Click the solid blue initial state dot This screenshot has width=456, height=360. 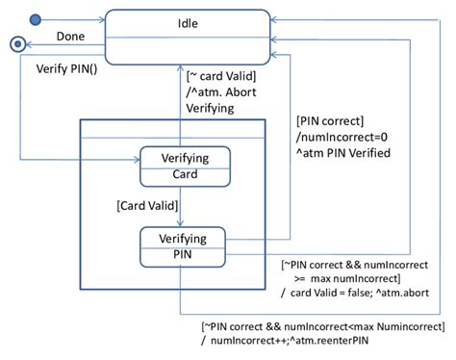36,19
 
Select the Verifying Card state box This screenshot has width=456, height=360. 186,166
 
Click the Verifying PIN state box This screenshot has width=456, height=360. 186,244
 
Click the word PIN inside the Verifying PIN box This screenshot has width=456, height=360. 186,254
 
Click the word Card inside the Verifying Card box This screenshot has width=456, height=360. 186,175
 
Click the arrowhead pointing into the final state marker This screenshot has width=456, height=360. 24,43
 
